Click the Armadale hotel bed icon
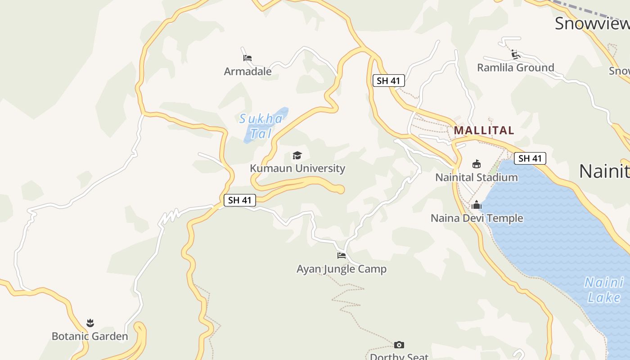[x=247, y=58]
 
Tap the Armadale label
[x=248, y=71]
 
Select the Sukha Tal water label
[x=261, y=126]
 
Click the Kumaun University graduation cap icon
[x=297, y=155]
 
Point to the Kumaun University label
[x=297, y=168]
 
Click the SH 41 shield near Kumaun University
[x=239, y=200]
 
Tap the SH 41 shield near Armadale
[x=389, y=81]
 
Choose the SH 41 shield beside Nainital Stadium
[x=530, y=158]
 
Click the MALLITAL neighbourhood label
[x=484, y=130]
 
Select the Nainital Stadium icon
[x=477, y=164]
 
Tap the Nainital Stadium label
[x=477, y=177]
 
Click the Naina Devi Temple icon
[x=477, y=205]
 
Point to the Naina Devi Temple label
[x=477, y=218]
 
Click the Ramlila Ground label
[x=516, y=68]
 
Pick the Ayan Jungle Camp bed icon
[x=342, y=256]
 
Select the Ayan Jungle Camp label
[x=342, y=269]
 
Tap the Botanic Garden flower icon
[x=90, y=323]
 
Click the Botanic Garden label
[x=90, y=336]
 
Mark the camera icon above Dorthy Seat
[x=399, y=345]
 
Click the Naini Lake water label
[x=604, y=290]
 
